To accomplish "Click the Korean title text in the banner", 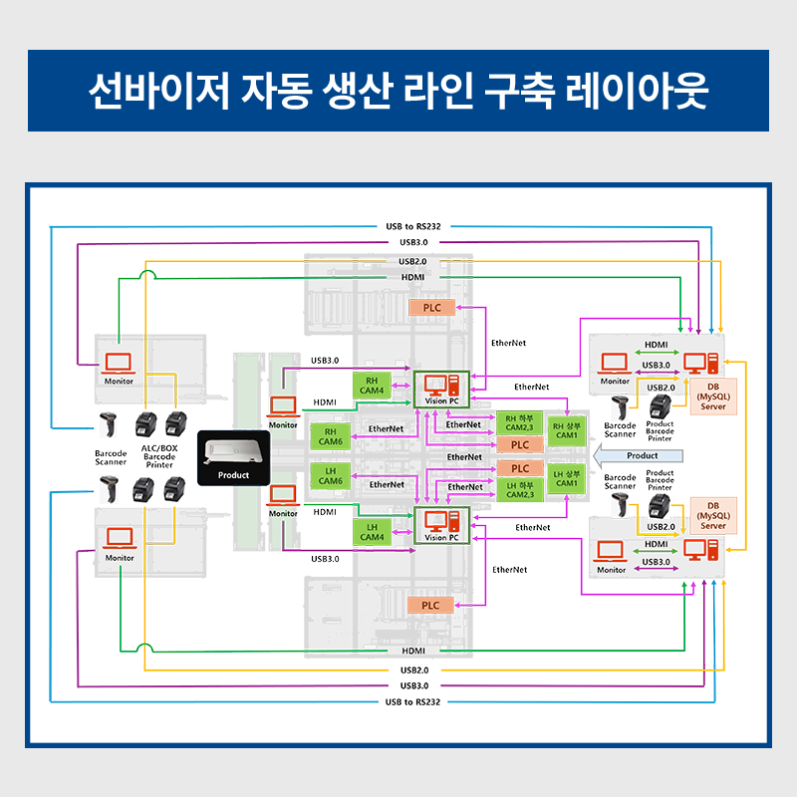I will click(398, 91).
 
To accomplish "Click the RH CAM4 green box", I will click(372, 386).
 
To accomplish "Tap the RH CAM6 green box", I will click(330, 435).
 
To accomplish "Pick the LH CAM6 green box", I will click(330, 475).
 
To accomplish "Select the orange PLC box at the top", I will click(431, 308).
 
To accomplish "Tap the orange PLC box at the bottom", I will click(430, 605).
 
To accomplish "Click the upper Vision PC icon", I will click(439, 385).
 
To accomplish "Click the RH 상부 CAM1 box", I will click(566, 429).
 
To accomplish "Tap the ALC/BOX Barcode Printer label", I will click(159, 456).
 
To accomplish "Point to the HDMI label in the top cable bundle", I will click(413, 277).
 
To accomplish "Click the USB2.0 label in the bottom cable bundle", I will click(413, 669).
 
